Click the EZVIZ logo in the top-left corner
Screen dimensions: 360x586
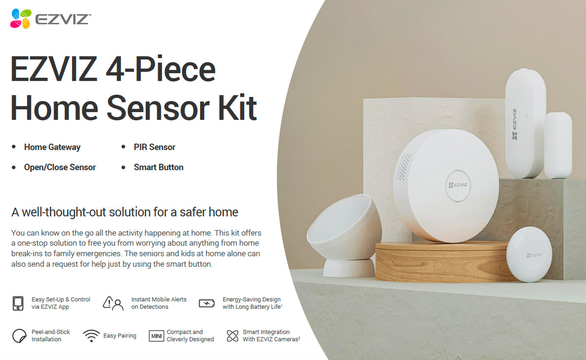(x=50, y=19)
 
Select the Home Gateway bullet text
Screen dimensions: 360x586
(x=52, y=147)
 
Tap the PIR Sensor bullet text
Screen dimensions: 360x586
(x=154, y=147)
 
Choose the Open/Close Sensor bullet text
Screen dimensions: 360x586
(x=60, y=167)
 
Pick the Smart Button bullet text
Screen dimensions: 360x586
(x=159, y=167)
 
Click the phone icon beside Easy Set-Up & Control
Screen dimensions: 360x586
(x=18, y=303)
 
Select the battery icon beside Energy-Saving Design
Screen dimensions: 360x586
(x=207, y=303)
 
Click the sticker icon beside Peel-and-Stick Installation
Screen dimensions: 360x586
(x=19, y=336)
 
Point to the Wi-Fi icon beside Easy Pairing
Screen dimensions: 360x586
(x=91, y=336)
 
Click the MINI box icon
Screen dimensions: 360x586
(x=156, y=336)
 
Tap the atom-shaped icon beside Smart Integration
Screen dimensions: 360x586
(x=232, y=336)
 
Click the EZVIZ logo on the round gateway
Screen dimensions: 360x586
(x=458, y=185)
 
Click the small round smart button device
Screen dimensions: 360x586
(x=529, y=254)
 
